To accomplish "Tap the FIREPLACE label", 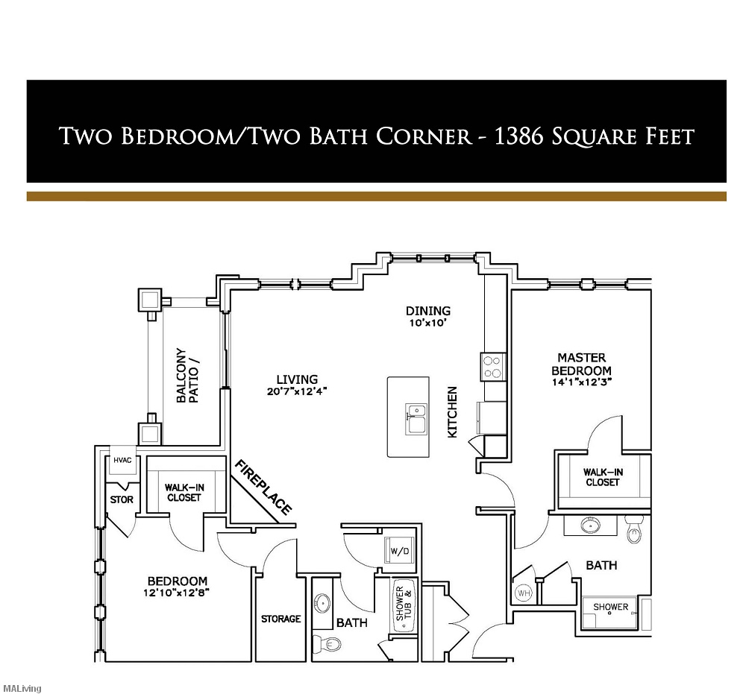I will point(263,488).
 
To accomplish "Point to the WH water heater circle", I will point(523,593).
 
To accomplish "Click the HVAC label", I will point(122,460).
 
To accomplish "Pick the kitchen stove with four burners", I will point(493,366).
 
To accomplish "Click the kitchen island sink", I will point(416,418).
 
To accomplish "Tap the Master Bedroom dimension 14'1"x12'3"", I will point(581,383).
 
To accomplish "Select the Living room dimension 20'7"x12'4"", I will point(296,391).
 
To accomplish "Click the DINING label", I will point(427,311).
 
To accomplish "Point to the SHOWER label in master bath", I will point(610,607).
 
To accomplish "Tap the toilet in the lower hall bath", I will point(323,642).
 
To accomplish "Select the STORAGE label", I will point(280,619).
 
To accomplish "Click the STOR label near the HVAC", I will point(122,499).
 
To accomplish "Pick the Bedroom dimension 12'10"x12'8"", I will point(177,594).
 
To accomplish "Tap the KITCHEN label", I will point(452,411).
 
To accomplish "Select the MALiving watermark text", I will point(22,688).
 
